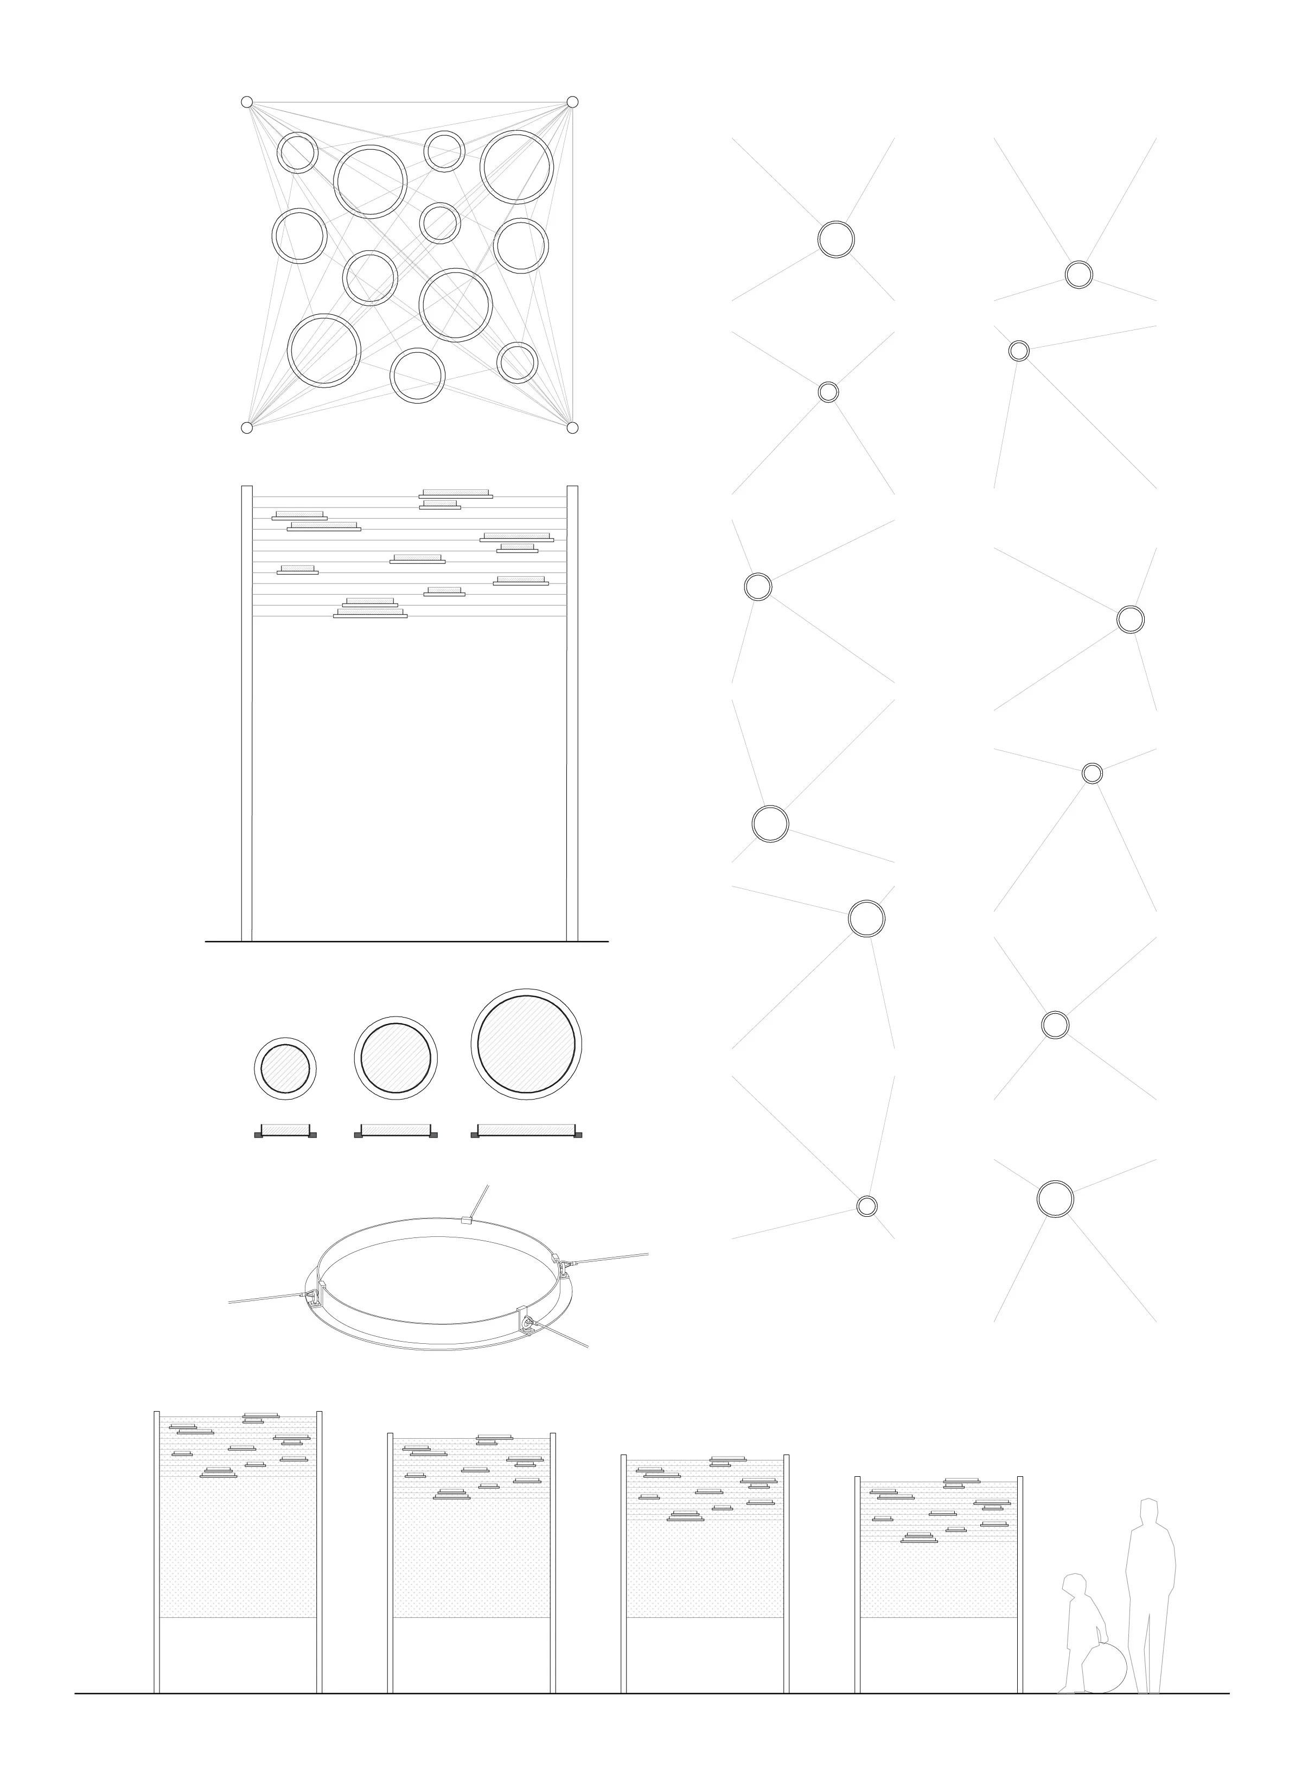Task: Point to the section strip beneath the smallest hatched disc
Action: tap(285, 1133)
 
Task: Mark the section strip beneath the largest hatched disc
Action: tap(527, 1133)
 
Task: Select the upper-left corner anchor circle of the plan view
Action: tap(247, 102)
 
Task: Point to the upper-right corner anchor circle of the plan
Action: tap(572, 102)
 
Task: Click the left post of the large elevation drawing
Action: tap(246, 711)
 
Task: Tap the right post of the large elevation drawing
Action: tap(572, 711)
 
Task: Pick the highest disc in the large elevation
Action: tap(456, 493)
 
